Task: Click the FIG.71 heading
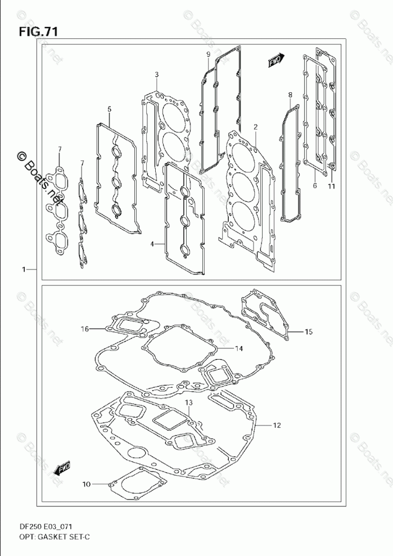pos(38,32)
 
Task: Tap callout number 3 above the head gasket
pos(157,74)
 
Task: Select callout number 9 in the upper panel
pos(209,54)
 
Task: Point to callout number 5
pos(109,109)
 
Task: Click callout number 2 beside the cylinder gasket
pos(255,127)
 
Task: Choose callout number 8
pos(290,95)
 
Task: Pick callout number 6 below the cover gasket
pos(315,186)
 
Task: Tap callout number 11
pos(331,186)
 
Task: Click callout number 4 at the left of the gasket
pos(152,244)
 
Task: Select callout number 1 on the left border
pos(24,270)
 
